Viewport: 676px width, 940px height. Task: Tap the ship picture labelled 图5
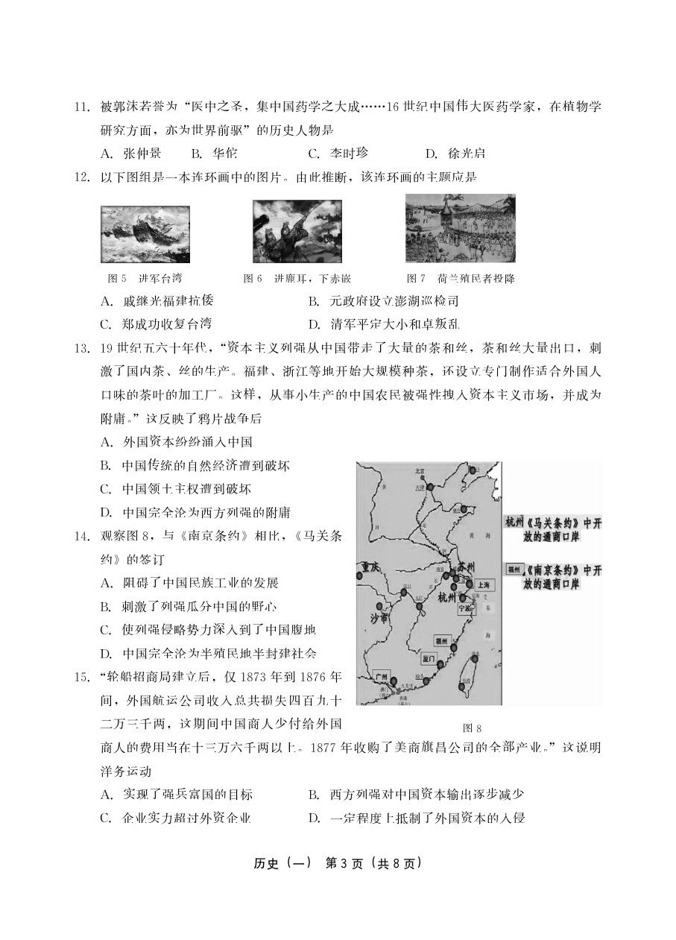point(145,234)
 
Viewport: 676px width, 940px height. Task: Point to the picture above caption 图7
point(460,228)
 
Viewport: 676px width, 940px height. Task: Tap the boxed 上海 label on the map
point(482,585)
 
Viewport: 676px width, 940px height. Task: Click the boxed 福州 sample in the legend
point(514,570)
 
